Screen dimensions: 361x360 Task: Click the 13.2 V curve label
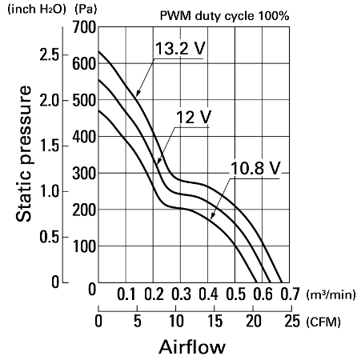click(x=180, y=49)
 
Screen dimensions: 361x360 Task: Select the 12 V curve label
click(x=194, y=117)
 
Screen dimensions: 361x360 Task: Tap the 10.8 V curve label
click(x=255, y=168)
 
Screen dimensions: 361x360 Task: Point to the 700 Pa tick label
click(x=84, y=27)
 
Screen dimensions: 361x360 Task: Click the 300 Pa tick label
click(x=84, y=174)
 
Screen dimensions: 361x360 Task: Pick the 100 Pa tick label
click(x=84, y=246)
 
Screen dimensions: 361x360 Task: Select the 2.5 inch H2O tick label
click(x=50, y=55)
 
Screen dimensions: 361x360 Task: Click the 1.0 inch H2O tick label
click(x=50, y=191)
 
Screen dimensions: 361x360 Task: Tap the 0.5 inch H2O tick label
click(x=50, y=237)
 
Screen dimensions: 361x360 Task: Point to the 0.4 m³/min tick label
click(x=208, y=294)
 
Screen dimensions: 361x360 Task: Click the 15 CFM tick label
click(x=215, y=321)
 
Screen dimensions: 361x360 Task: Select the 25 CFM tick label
click(x=292, y=321)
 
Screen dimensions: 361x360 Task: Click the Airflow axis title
click(x=192, y=347)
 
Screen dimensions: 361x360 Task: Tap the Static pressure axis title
click(x=23, y=154)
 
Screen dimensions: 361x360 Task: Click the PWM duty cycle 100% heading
click(x=224, y=16)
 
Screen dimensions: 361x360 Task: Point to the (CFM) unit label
click(x=323, y=322)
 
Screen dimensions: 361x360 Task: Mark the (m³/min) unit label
click(x=331, y=294)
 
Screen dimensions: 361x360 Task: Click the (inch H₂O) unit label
click(x=37, y=9)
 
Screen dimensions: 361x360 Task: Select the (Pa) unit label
click(x=86, y=10)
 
